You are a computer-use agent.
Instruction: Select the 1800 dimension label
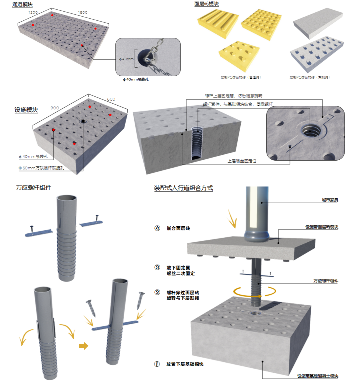pyautogui.click(x=83, y=12)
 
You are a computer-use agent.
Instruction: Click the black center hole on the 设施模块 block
pyautogui.click(x=83, y=121)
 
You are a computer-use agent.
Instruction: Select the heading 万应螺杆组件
pyautogui.click(x=33, y=188)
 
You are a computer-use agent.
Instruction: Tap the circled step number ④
pyautogui.click(x=157, y=228)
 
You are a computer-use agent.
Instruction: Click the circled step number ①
pyautogui.click(x=157, y=364)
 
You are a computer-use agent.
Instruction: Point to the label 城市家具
pyautogui.click(x=330, y=200)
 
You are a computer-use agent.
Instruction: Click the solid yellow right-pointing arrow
pyautogui.click(x=83, y=344)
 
